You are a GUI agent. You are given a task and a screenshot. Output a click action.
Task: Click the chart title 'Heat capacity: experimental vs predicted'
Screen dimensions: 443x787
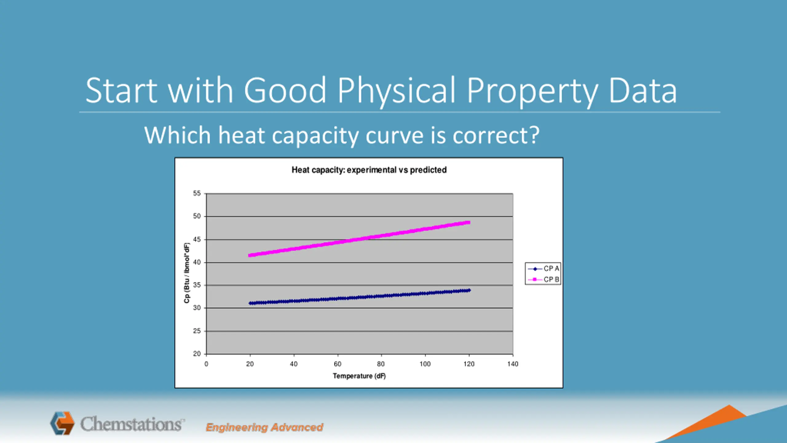369,170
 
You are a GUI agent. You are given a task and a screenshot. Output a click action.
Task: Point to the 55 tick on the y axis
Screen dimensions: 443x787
197,194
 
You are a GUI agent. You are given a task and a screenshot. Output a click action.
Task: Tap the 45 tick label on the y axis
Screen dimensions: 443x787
197,239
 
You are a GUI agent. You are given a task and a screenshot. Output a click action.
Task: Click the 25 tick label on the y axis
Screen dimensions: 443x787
197,331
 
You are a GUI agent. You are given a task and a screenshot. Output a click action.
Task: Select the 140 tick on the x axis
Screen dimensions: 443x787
512,364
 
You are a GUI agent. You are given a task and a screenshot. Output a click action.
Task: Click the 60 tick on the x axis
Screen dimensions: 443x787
338,364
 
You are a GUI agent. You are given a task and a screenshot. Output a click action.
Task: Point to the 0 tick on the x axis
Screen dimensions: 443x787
206,364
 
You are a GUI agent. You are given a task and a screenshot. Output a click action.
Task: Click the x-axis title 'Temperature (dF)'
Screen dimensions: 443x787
359,376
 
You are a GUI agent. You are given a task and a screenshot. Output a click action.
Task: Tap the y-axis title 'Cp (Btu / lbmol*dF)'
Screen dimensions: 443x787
187,273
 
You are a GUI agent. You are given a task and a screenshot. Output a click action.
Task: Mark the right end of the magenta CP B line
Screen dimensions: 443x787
468,222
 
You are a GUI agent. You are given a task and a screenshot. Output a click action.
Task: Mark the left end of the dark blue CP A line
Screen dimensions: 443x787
251,303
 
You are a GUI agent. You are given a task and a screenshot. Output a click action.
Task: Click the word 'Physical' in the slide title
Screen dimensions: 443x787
397,91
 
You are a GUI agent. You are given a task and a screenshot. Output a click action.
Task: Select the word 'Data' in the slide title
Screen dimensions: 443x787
643,91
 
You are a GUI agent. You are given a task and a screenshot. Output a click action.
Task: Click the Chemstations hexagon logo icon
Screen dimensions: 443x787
62,423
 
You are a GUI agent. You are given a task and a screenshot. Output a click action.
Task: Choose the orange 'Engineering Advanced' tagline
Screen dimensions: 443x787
264,427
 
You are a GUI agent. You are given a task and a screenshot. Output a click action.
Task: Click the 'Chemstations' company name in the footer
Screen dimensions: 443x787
132,424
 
